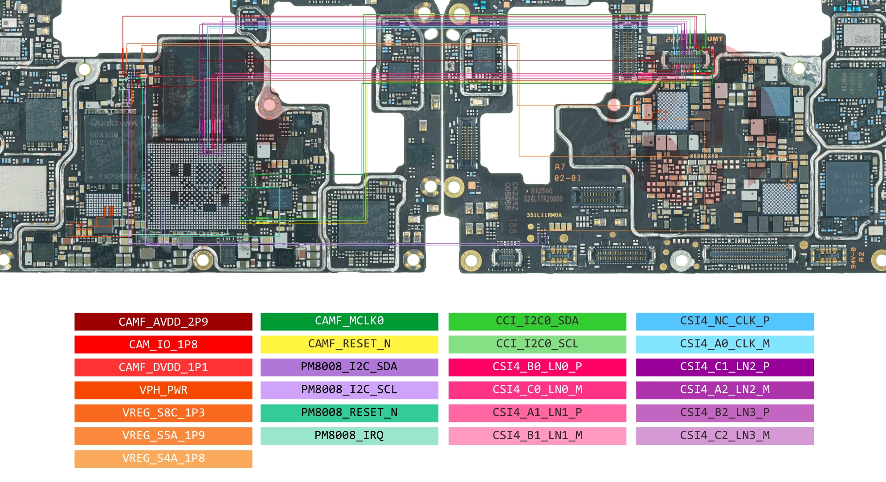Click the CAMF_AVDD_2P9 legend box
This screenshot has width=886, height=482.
[x=163, y=322]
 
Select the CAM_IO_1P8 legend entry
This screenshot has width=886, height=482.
[x=163, y=344]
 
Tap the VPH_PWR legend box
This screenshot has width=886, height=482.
[x=163, y=390]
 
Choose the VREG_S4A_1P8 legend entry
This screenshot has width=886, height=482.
[x=163, y=458]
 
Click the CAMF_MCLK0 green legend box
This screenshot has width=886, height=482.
[x=349, y=321]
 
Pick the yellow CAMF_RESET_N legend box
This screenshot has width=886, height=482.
[x=349, y=344]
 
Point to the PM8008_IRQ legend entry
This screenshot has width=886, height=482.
[x=349, y=436]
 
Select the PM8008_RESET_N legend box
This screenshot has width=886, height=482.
[x=349, y=413]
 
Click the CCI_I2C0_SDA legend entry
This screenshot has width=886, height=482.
[x=537, y=321]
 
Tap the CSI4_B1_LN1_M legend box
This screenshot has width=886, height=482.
[x=537, y=436]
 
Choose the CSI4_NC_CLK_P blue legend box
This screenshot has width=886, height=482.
[x=725, y=321]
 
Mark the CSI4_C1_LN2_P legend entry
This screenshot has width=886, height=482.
[x=725, y=367]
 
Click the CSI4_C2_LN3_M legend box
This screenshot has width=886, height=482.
[x=725, y=436]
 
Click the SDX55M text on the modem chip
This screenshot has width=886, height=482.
[x=104, y=135]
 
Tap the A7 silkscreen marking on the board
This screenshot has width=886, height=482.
[x=560, y=167]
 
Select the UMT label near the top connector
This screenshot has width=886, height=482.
[x=715, y=39]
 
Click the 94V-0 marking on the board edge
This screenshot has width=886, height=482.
[x=853, y=258]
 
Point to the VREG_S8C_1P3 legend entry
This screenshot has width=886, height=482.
[x=163, y=413]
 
